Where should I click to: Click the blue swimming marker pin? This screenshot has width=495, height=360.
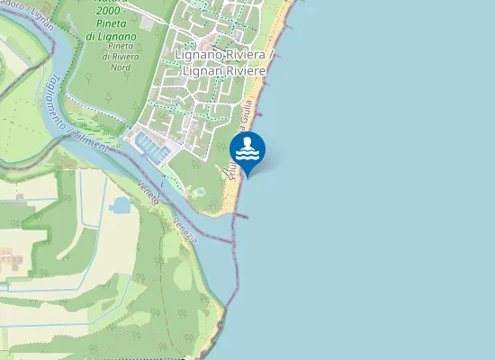pyautogui.click(x=247, y=150)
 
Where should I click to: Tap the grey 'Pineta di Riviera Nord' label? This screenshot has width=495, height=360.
pyautogui.click(x=126, y=56)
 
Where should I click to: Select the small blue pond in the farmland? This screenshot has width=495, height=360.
pyautogui.click(x=120, y=205)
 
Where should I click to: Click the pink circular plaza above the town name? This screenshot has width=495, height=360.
pyautogui.click(x=205, y=43)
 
